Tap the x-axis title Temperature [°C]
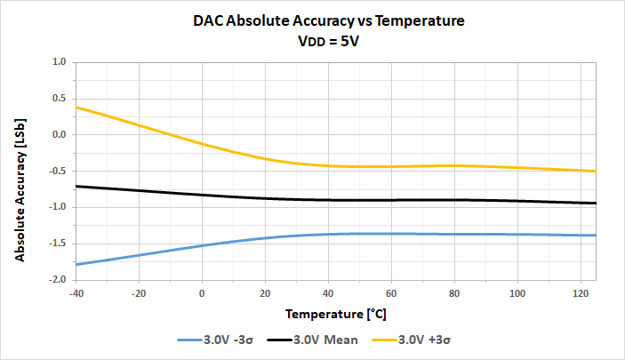coord(335,315)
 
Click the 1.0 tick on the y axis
coord(60,62)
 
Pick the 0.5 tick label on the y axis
coord(60,99)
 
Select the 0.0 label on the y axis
coord(60,135)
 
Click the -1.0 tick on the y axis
coord(58,207)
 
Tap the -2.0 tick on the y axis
coord(58,279)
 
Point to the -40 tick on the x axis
coord(76,292)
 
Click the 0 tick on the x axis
coord(202,292)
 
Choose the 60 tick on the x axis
coord(390,292)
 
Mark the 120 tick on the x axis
coord(579,292)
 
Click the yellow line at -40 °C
coord(77,107)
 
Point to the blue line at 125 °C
coord(594,235)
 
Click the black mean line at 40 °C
coord(328,200)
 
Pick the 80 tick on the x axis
coord(453,292)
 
